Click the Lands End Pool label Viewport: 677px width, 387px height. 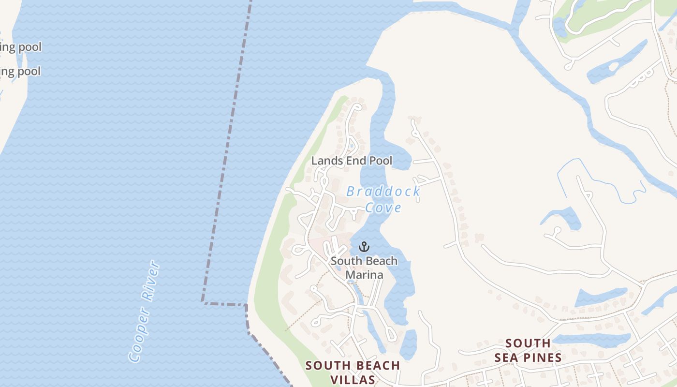(x=352, y=161)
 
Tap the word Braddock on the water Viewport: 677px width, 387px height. (x=383, y=192)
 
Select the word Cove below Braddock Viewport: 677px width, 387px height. (x=383, y=208)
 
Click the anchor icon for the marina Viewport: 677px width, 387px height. (x=364, y=247)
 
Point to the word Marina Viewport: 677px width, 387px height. (x=364, y=275)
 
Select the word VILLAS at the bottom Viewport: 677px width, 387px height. (x=353, y=379)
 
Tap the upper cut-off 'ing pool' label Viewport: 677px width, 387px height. (x=20, y=47)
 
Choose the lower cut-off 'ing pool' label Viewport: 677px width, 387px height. (x=20, y=72)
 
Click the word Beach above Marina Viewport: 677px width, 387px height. (x=381, y=261)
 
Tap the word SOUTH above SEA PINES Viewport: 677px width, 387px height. (x=528, y=343)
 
